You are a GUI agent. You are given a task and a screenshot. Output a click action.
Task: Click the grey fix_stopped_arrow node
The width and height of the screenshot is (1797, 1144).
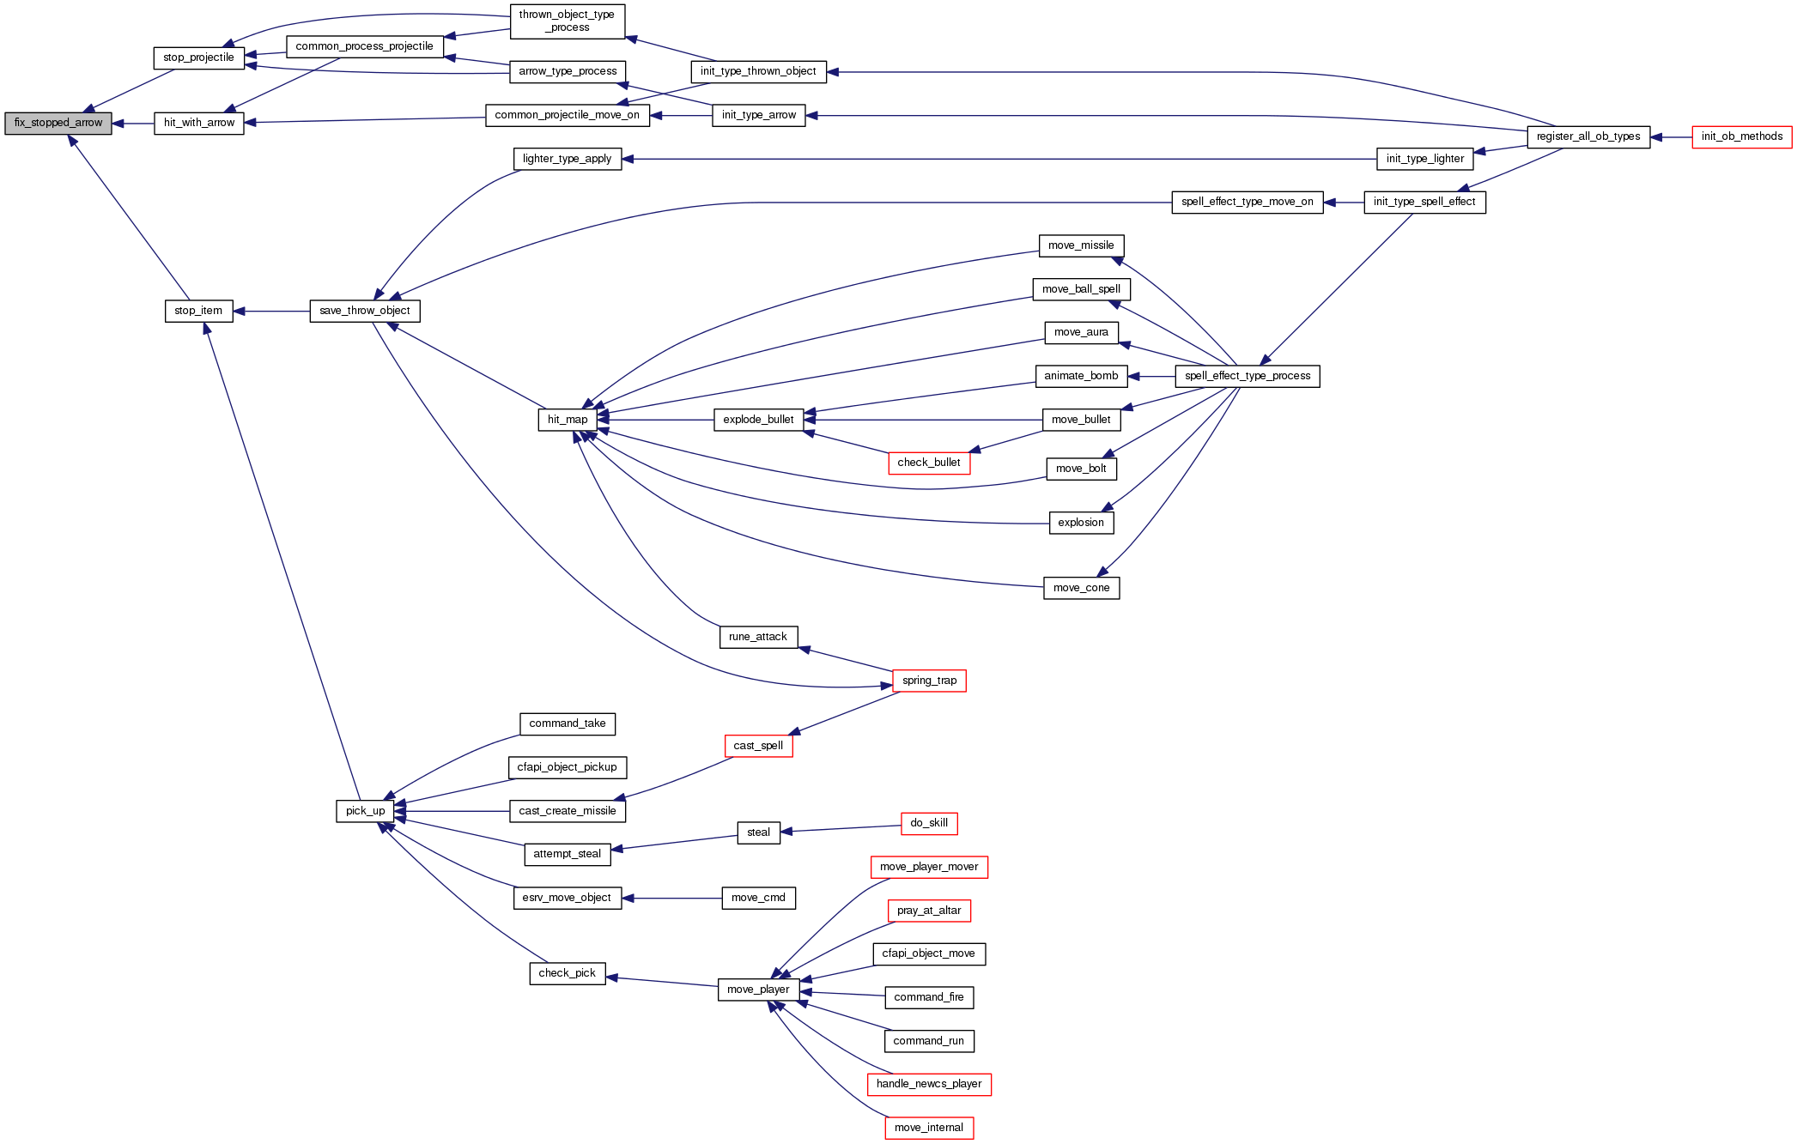58,124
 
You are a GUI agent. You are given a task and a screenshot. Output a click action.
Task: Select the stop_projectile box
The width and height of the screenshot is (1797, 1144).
198,58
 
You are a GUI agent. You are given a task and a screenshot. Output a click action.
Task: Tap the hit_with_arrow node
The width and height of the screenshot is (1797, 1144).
198,124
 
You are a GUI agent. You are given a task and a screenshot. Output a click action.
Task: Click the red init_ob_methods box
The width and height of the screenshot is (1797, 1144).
1741,137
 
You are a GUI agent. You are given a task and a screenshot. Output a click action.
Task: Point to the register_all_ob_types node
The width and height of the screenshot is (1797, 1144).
1588,137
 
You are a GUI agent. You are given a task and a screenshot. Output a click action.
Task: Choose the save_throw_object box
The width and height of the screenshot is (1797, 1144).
364,312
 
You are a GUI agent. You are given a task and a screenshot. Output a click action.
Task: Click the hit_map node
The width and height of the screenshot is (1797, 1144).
568,420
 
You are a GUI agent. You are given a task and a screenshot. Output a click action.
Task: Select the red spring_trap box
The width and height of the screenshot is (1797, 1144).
929,681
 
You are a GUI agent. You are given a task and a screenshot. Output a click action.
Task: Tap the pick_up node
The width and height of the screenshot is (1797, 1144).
365,811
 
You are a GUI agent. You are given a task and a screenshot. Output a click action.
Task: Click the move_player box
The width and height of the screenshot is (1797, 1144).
758,990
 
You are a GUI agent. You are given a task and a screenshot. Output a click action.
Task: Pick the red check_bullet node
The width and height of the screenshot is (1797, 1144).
928,463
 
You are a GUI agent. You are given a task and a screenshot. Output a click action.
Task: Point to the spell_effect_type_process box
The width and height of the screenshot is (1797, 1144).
1247,377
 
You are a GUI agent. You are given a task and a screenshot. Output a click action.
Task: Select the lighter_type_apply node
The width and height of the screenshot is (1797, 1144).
567,160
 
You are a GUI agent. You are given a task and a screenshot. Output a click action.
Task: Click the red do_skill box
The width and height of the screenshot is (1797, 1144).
928,824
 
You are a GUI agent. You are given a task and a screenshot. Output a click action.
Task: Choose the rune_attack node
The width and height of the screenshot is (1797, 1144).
758,638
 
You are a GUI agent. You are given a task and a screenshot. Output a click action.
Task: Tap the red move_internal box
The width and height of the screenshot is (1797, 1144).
928,1129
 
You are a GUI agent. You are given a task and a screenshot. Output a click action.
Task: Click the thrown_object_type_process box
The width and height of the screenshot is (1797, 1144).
567,21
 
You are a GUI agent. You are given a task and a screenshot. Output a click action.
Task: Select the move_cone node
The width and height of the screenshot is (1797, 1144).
1081,589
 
